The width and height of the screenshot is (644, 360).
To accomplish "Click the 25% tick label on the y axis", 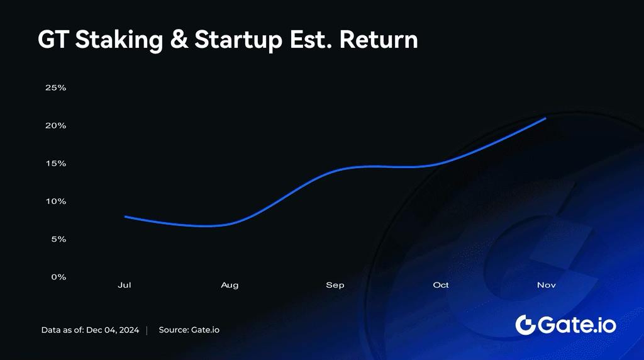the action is [x=55, y=87].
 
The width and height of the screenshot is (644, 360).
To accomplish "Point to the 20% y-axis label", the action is [x=55, y=125].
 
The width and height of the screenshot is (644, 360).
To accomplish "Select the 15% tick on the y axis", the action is [x=55, y=163].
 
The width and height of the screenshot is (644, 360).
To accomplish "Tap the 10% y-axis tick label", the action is [x=55, y=201].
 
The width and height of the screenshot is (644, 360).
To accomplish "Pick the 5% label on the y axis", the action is [x=58, y=239].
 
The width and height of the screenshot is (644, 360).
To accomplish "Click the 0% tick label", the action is [x=58, y=276].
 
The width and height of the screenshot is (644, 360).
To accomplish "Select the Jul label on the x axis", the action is [x=125, y=285].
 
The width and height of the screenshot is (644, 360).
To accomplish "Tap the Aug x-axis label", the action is [x=230, y=285].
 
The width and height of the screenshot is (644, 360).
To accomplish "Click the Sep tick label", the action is [x=335, y=285].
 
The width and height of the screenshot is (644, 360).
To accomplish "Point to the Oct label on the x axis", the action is [x=441, y=285].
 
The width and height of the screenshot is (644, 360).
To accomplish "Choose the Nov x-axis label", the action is [x=547, y=285].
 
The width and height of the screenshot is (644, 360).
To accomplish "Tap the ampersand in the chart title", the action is [x=179, y=40].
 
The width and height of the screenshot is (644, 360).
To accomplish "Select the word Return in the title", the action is [x=379, y=40].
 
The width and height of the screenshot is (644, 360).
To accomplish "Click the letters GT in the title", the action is [x=53, y=40].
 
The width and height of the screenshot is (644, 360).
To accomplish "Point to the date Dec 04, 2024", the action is [x=113, y=330].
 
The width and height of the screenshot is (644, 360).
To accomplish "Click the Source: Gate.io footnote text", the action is [x=189, y=330].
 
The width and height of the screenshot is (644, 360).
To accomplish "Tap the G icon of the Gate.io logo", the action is [x=525, y=325].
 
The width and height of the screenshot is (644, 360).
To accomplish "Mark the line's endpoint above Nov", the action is [x=545, y=118].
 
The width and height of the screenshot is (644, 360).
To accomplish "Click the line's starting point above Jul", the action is [x=125, y=217].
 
